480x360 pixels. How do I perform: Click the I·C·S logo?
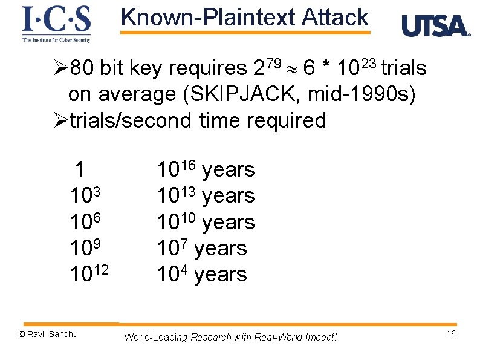(x=56, y=23)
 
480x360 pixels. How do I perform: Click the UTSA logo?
(x=435, y=26)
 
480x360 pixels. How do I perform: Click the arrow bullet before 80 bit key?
(x=60, y=68)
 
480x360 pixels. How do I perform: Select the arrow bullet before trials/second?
(x=60, y=120)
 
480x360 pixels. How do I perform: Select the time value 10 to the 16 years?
(x=206, y=170)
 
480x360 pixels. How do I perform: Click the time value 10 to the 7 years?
(x=202, y=248)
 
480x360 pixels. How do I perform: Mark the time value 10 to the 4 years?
(x=202, y=274)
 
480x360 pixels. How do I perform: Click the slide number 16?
(x=451, y=335)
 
